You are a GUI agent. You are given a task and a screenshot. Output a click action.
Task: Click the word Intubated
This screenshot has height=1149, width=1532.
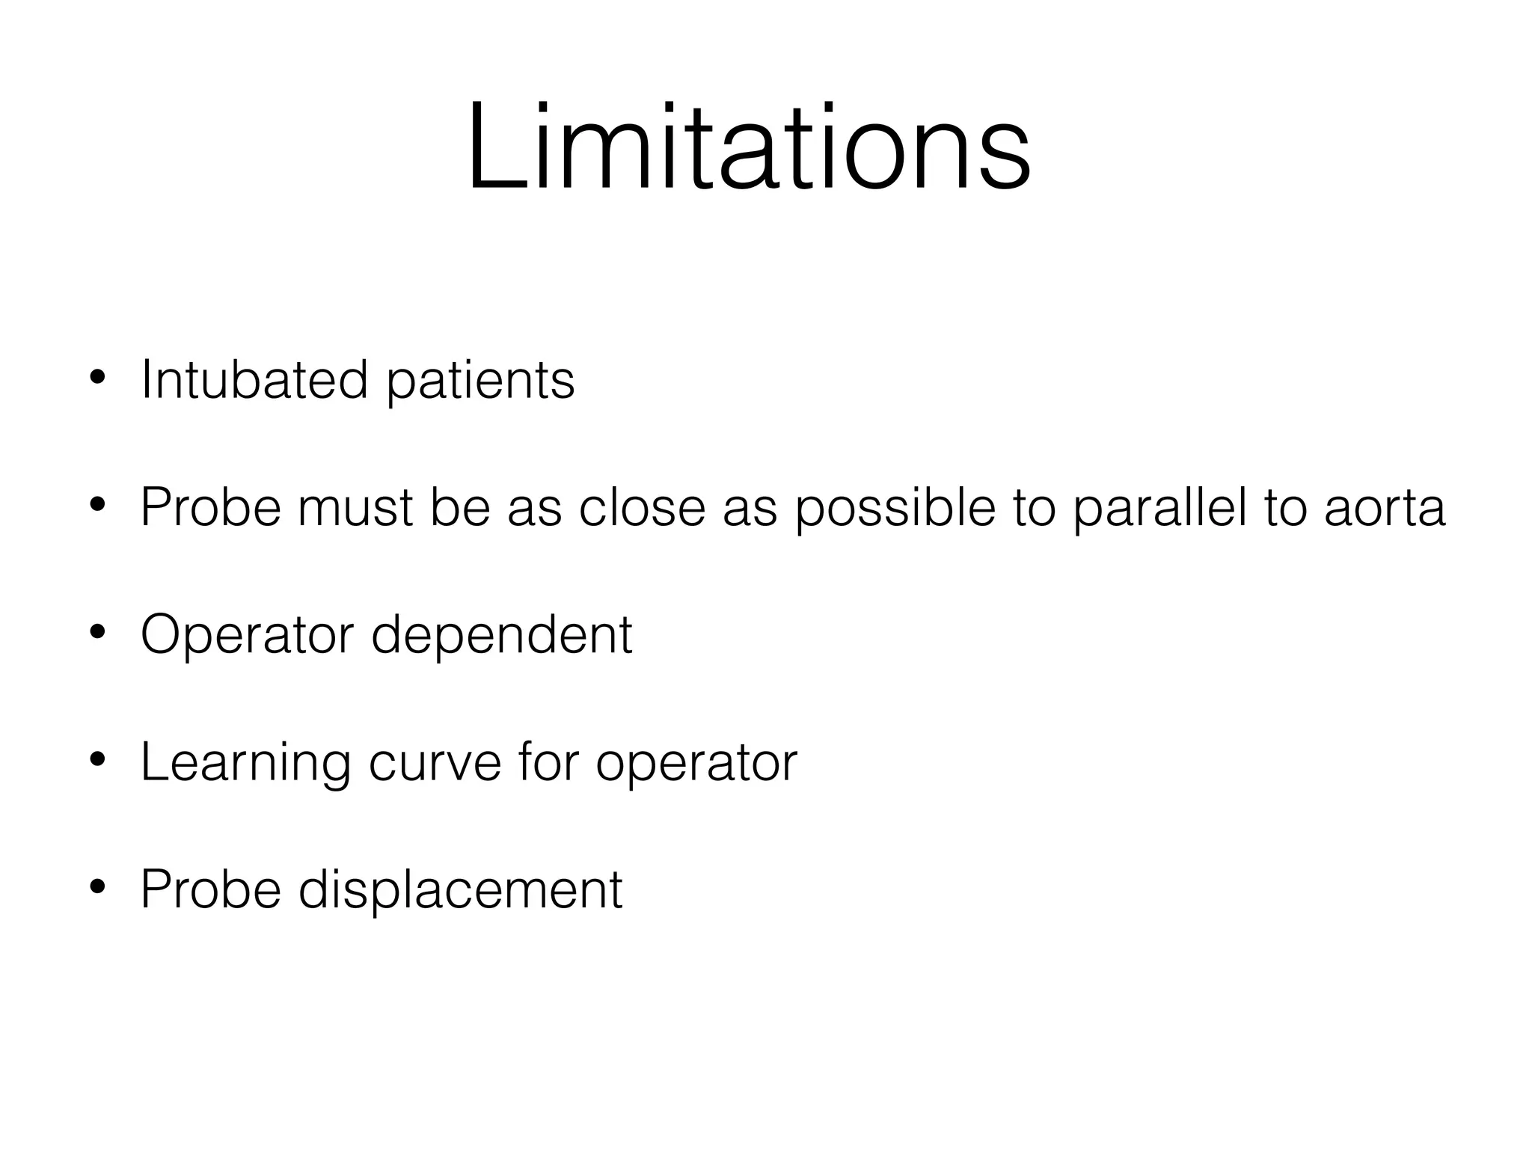(x=254, y=380)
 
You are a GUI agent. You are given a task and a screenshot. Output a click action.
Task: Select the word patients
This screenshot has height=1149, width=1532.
(x=480, y=382)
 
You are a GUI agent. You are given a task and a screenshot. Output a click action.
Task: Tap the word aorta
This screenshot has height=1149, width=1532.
(x=1385, y=508)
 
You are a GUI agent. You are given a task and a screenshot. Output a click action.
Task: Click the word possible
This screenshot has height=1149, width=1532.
(x=895, y=508)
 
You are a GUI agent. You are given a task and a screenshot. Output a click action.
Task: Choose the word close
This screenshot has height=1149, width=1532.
(x=642, y=508)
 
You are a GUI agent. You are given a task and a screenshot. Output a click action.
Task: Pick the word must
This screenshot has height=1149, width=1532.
(x=354, y=508)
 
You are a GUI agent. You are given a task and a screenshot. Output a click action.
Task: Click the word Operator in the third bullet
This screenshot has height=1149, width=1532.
(x=247, y=635)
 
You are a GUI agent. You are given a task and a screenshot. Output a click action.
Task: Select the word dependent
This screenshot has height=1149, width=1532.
(x=501, y=635)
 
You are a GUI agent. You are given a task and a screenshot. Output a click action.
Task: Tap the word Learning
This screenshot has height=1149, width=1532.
(x=245, y=763)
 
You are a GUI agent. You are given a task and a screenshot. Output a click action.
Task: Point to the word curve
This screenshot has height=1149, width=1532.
(x=434, y=763)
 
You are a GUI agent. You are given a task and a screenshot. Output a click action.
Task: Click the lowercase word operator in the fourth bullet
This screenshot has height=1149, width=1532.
(x=696, y=765)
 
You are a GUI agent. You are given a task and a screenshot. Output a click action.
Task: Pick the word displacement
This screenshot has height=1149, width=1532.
(x=460, y=890)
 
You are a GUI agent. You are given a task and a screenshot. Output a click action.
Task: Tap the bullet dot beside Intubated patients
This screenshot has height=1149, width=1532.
(x=96, y=378)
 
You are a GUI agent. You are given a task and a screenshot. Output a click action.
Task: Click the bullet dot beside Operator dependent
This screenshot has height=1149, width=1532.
(x=96, y=633)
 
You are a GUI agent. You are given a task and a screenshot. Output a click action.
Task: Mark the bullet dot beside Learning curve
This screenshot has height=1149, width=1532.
(x=96, y=761)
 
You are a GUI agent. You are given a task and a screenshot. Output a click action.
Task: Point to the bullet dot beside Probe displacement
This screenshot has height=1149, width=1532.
(x=96, y=888)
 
